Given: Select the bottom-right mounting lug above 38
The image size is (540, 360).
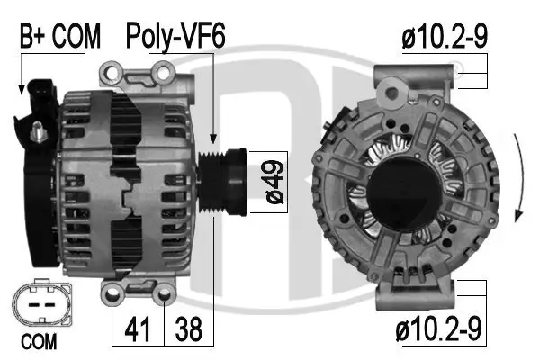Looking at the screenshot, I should click(163, 292).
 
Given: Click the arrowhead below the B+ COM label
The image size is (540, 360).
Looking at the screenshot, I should click(20, 89).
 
